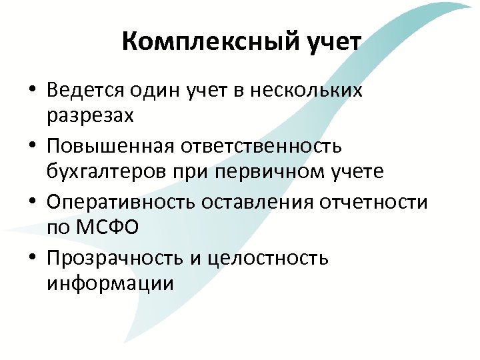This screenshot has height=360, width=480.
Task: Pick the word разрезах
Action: click(x=90, y=116)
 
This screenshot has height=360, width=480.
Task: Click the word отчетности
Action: click(x=380, y=201)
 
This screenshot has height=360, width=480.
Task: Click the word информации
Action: click(x=111, y=283)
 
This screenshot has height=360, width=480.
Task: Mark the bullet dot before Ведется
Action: click(x=33, y=91)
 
